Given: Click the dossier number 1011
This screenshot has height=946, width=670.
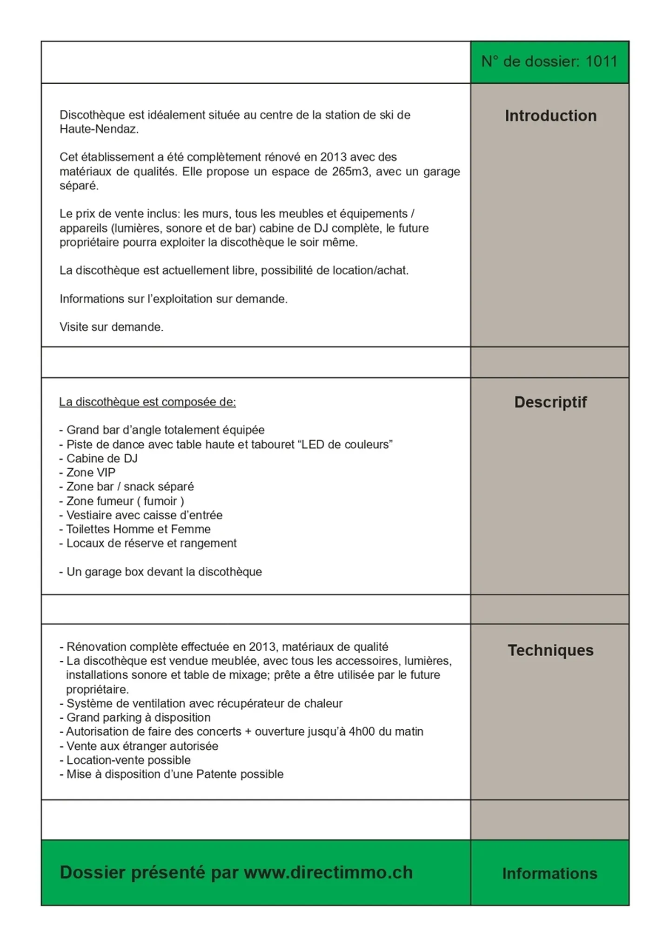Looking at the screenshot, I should click(601, 62).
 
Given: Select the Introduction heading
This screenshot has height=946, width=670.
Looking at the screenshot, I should click(550, 116).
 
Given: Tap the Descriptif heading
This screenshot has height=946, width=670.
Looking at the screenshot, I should click(550, 402).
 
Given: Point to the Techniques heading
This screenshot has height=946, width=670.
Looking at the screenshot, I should click(550, 650).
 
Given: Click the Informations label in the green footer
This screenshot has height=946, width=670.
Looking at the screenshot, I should click(549, 873).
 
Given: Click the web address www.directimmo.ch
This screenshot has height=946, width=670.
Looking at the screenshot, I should click(328, 873).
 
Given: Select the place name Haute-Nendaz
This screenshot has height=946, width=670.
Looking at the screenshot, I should click(99, 129).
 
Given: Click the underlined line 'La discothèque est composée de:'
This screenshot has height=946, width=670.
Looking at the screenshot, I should click(147, 402).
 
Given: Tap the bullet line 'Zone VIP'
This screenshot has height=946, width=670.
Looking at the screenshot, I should click(90, 473).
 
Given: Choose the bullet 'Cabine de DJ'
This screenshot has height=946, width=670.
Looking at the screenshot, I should click(101, 459).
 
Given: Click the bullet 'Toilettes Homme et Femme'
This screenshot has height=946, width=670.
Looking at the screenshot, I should click(138, 529).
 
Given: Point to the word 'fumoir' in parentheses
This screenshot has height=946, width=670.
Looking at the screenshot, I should click(160, 501).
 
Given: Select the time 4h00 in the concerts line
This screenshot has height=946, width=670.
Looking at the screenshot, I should click(362, 732).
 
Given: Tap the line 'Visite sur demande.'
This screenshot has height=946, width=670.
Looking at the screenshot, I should click(112, 327).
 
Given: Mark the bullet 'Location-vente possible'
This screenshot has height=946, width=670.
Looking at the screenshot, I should click(128, 760).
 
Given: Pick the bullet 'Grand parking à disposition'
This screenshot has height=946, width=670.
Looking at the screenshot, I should click(138, 718).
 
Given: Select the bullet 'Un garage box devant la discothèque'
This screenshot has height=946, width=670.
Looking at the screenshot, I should click(164, 572).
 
